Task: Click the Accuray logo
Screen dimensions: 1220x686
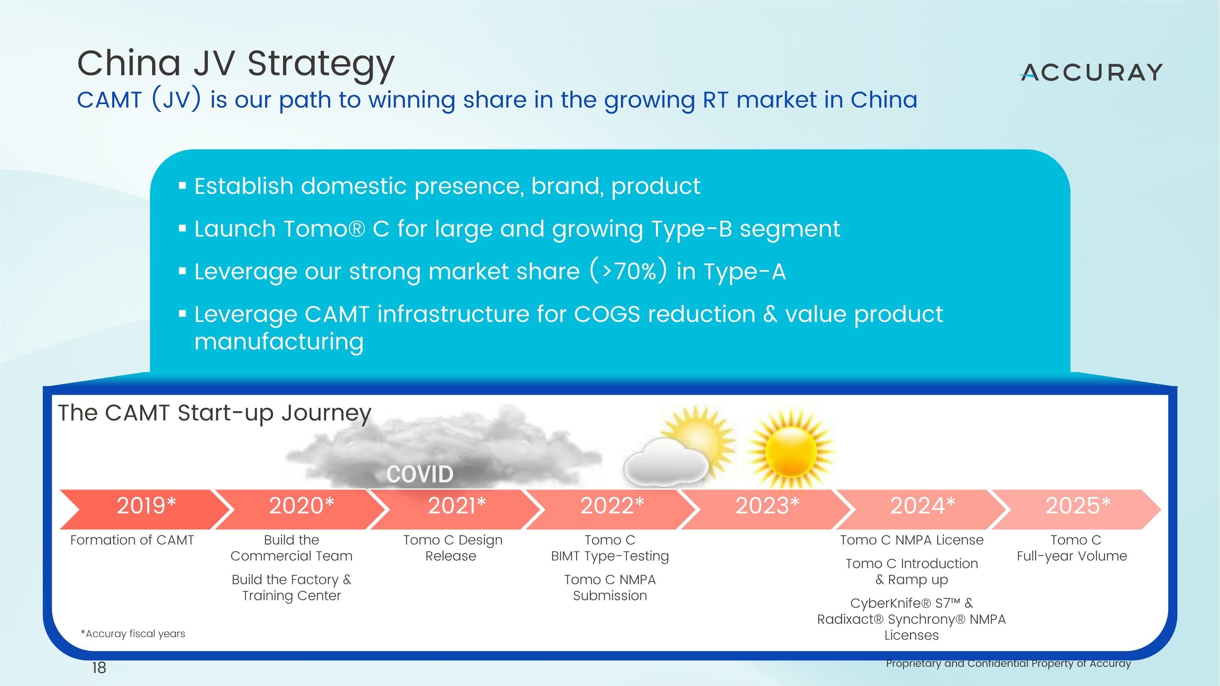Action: click(1091, 73)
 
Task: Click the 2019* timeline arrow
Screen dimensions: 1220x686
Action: click(145, 510)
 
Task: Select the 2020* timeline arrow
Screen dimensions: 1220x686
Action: click(301, 510)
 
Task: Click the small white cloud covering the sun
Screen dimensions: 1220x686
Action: click(665, 462)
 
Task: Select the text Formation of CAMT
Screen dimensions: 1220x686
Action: click(132, 540)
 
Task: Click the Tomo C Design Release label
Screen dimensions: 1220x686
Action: click(452, 548)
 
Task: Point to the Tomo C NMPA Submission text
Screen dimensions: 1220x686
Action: click(610, 588)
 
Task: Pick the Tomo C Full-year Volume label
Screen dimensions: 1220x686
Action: click(1072, 548)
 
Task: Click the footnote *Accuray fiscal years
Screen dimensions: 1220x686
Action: click(133, 634)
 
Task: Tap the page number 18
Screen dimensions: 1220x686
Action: click(99, 668)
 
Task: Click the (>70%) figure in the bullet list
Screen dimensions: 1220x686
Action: click(628, 271)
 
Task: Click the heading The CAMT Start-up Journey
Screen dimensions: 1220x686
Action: click(215, 413)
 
